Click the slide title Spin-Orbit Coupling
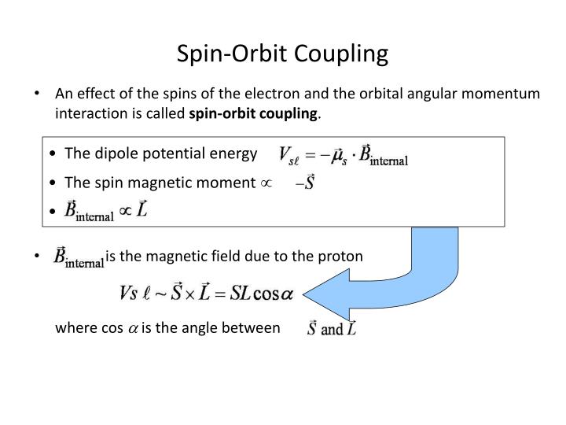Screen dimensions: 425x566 (x=282, y=54)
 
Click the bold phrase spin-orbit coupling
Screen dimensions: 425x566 (x=254, y=114)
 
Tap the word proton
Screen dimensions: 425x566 (x=343, y=257)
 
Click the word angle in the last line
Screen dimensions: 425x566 (x=200, y=328)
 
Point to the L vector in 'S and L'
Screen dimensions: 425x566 (x=351, y=328)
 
